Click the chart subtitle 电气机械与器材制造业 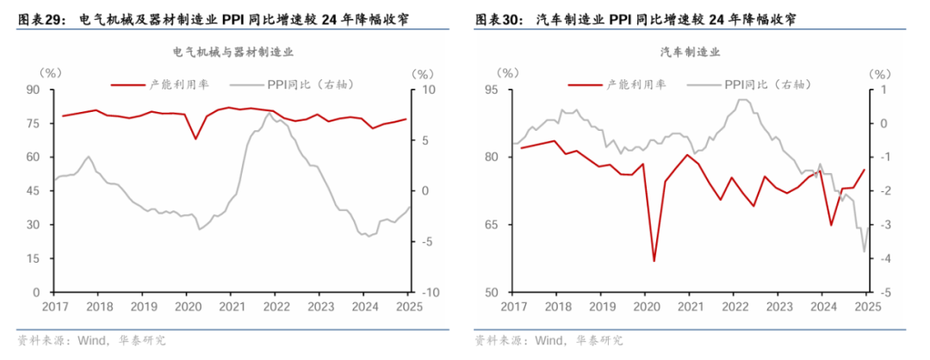pos(233,52)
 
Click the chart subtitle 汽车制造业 pos(690,52)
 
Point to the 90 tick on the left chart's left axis pos(34,90)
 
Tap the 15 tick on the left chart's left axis pos(34,258)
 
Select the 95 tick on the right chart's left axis pos(492,90)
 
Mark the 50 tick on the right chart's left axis pos(492,293)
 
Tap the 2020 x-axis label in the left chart pos(186,307)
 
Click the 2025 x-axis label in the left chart pos(406,307)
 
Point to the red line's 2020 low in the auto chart pos(654,261)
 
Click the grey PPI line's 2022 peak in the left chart pos(269,113)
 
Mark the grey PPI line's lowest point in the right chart pos(864,251)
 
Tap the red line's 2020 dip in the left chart pos(195,139)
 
